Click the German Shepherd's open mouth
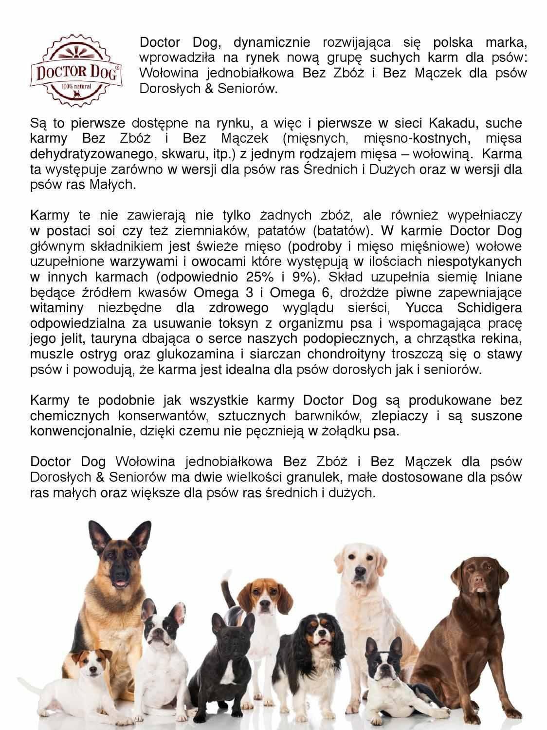pos(118,583)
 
